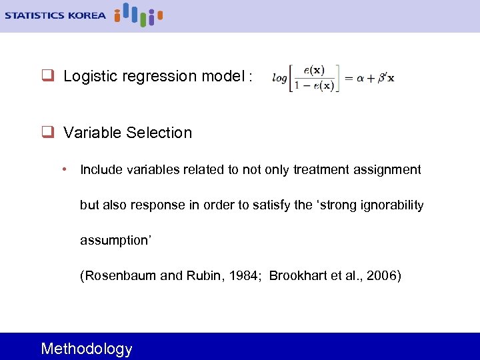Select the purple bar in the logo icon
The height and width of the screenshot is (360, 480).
(151, 20)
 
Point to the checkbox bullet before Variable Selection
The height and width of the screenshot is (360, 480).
(47, 133)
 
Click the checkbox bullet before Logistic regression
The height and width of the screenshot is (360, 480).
(47, 77)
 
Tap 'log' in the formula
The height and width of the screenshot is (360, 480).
(279, 78)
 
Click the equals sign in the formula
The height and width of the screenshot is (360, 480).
(349, 77)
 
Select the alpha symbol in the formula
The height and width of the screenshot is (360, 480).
(361, 77)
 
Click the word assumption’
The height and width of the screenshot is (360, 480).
(116, 241)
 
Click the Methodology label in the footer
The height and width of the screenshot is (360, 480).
(87, 349)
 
